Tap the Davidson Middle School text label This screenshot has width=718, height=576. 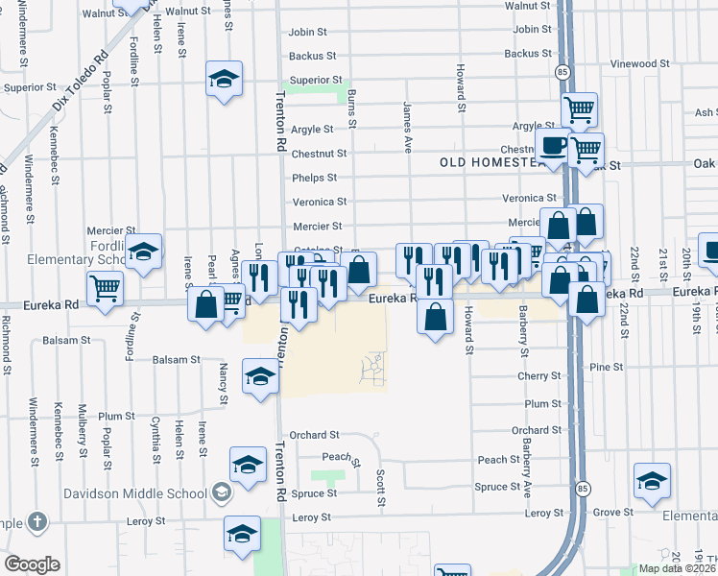pyautogui.click(x=135, y=493)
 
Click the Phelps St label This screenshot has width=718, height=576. pyautogui.click(x=314, y=178)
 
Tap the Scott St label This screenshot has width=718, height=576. pyautogui.click(x=381, y=489)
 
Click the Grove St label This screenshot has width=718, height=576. pyautogui.click(x=607, y=513)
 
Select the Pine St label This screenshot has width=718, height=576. pyautogui.click(x=607, y=367)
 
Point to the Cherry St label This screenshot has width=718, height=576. pyautogui.click(x=538, y=377)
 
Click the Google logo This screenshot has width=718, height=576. pyautogui.click(x=32, y=564)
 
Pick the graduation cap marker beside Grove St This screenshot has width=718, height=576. pyautogui.click(x=652, y=482)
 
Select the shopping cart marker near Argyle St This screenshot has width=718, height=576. pyautogui.click(x=580, y=111)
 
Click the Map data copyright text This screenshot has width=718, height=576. pyautogui.click(x=678, y=567)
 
